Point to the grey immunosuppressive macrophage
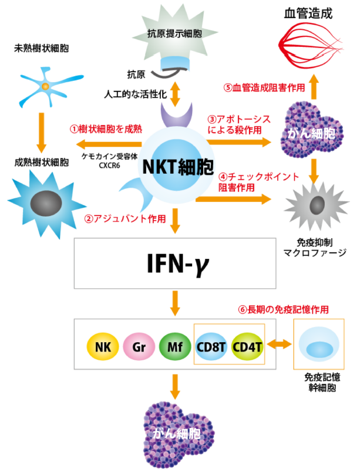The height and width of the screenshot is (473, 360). coord(317,206)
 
